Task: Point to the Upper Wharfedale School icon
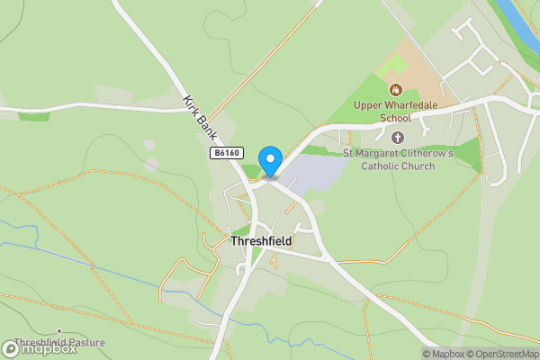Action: point(395,89)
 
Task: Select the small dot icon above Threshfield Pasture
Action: point(59,331)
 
